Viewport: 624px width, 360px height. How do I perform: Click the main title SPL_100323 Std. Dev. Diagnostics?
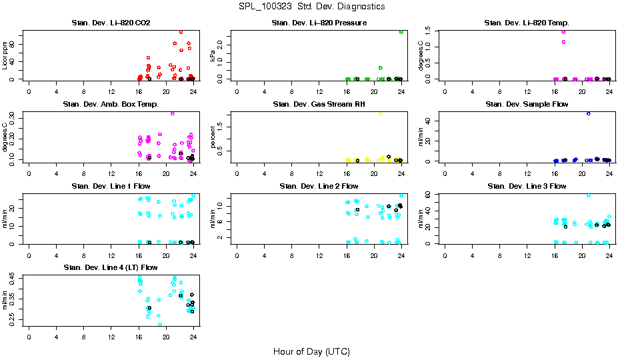point(311,7)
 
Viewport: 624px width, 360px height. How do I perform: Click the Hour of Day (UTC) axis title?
point(311,351)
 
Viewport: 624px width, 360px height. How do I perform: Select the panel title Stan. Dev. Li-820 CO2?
point(111,23)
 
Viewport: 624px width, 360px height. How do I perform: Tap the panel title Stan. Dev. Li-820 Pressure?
point(319,23)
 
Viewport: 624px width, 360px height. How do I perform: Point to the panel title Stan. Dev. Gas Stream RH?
point(319,105)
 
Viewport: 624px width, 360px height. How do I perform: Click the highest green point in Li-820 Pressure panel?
point(401,31)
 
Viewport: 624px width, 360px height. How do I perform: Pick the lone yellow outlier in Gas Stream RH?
point(380,114)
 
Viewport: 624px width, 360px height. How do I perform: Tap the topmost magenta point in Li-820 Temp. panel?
point(563,31)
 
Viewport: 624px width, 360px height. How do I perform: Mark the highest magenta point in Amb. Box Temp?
point(173,113)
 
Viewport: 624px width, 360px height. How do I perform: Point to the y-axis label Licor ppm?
point(5,56)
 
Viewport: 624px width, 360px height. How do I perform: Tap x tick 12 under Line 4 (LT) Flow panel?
point(111,337)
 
